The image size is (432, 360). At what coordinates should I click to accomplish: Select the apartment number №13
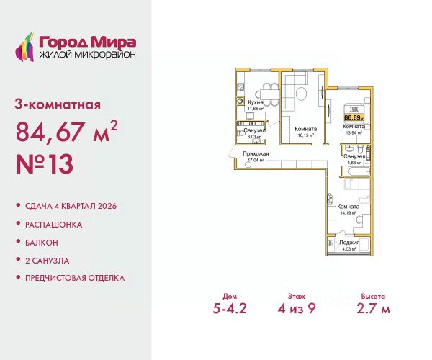(x=44, y=166)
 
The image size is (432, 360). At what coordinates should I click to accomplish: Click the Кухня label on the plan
(x=253, y=103)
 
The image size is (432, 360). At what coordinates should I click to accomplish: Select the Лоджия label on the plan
(x=352, y=243)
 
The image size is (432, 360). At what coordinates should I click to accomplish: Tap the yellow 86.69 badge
(x=354, y=116)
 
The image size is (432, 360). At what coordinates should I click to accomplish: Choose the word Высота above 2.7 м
(x=369, y=296)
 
